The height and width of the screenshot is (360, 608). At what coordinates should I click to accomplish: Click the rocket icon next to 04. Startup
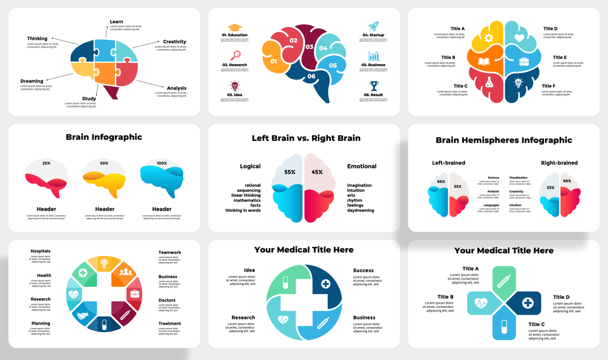coord(374,27)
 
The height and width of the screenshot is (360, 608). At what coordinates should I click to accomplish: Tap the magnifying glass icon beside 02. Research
coord(235,56)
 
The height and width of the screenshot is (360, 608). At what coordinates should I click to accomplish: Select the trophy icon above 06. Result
coord(374,86)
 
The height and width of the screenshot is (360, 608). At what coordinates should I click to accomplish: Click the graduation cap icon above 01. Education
coord(234,28)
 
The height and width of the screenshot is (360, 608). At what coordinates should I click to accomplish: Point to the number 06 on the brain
coord(312,76)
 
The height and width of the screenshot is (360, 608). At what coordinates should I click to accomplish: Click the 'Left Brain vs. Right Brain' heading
coord(306,138)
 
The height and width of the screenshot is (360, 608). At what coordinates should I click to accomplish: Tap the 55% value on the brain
coord(290,172)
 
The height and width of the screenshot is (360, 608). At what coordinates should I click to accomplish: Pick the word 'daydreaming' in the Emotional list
coord(362,211)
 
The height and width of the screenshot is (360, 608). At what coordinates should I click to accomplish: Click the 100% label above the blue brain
coord(162,163)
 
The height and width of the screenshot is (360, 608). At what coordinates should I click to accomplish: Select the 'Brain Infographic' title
coord(104,137)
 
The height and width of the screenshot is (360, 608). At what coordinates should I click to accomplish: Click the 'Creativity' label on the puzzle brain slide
coord(174,42)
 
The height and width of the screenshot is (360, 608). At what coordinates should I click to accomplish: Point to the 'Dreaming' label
coord(32,81)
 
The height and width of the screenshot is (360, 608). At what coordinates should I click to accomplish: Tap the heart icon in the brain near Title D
coord(518,38)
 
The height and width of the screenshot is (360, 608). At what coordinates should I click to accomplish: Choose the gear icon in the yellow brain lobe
coord(488,38)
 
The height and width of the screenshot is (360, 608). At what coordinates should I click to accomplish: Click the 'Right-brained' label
coord(559,163)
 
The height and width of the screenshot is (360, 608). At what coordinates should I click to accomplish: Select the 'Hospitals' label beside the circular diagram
coord(41,251)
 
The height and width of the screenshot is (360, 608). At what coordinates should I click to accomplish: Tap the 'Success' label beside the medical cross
coord(364,270)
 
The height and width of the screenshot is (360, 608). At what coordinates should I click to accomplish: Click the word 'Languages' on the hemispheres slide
coord(491,205)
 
